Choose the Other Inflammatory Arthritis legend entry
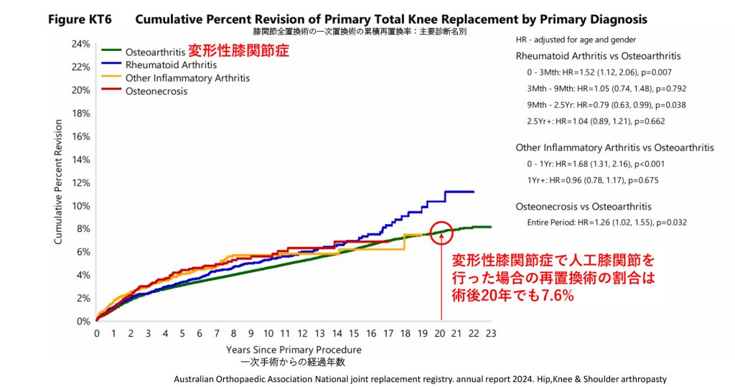point(187,78)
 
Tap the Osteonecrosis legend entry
point(156,91)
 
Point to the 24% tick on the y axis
point(81,44)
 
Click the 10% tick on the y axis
point(81,206)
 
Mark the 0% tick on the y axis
point(84,322)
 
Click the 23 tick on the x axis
point(491,334)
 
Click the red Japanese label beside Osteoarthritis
point(238,52)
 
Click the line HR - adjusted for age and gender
point(576,39)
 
